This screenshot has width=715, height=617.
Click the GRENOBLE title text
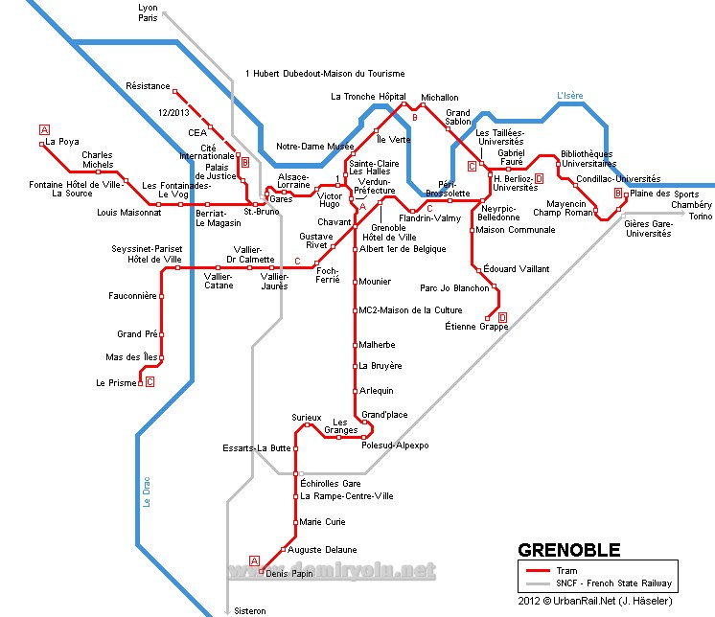click(569, 550)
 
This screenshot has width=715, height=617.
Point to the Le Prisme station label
click(116, 383)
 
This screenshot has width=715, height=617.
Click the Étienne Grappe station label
click(476, 327)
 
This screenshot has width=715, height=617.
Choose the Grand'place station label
click(384, 415)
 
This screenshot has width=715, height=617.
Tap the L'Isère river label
click(570, 95)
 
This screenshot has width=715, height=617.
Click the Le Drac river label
click(148, 492)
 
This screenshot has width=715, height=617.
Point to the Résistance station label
click(148, 86)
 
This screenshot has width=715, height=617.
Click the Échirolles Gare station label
click(330, 484)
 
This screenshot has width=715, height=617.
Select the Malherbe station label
click(376, 345)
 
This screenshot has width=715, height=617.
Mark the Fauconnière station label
click(132, 296)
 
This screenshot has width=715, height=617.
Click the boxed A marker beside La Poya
click(44, 129)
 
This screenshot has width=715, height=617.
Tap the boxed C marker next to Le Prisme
click(150, 382)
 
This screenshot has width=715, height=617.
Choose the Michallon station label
click(440, 98)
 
